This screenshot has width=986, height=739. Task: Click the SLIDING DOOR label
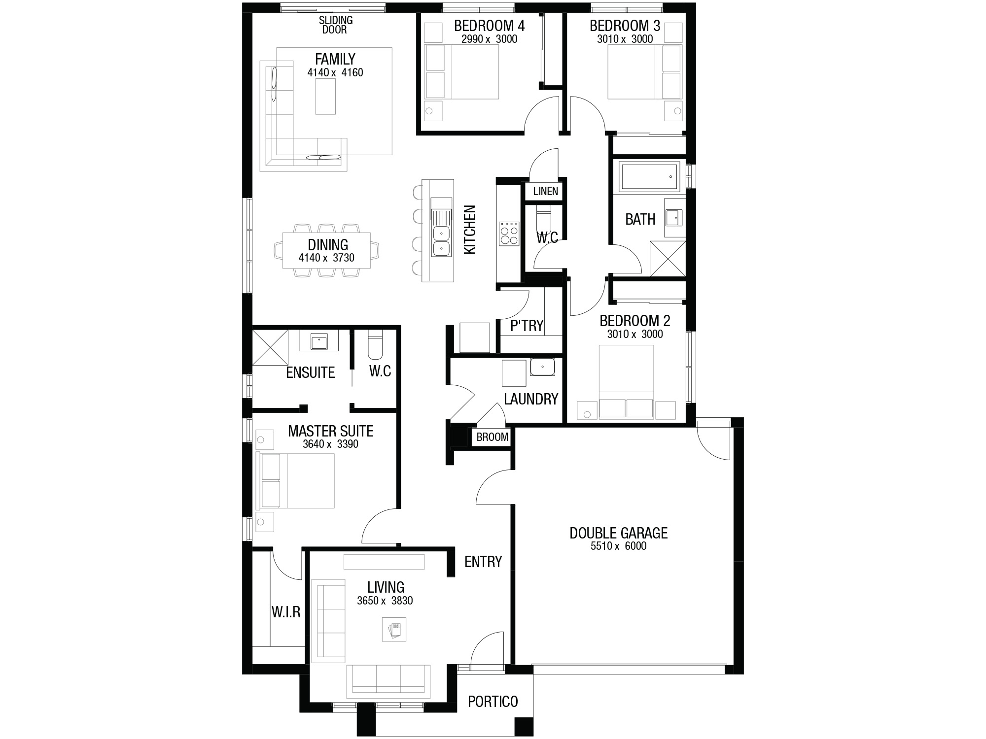(x=336, y=25)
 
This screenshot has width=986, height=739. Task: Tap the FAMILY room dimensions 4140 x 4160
(x=335, y=73)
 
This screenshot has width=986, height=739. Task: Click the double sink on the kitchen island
(x=441, y=241)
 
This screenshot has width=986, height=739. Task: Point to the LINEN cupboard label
(x=545, y=191)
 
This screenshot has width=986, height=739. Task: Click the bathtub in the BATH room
(x=650, y=176)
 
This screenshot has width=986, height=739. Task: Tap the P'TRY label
(x=527, y=326)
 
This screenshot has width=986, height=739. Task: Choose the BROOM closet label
(x=492, y=437)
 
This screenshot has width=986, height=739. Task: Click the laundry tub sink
(x=542, y=367)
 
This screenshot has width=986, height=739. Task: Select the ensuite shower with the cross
(x=270, y=347)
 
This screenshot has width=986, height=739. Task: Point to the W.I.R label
(x=286, y=612)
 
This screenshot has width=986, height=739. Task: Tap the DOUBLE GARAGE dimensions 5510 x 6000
(x=618, y=546)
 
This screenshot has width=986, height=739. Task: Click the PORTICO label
(x=493, y=702)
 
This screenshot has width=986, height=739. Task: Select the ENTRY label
(x=483, y=562)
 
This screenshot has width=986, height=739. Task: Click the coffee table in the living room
(x=394, y=630)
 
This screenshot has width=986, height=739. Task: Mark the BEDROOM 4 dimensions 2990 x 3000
(x=489, y=39)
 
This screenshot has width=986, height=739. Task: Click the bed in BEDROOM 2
(x=626, y=382)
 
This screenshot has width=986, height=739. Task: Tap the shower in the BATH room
(x=668, y=258)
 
